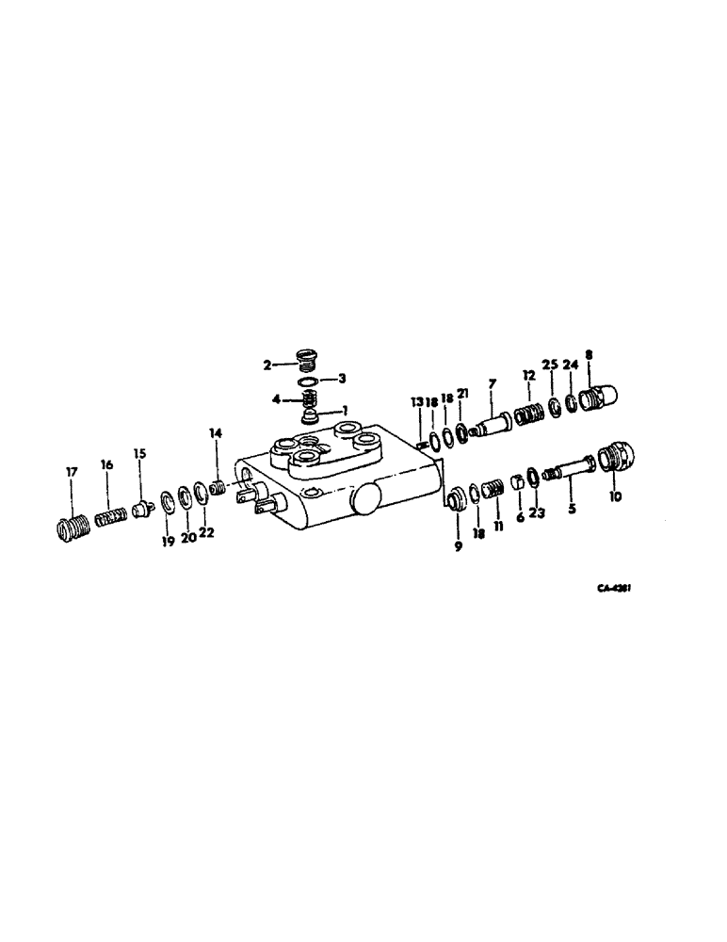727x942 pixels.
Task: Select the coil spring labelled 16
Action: coord(110,517)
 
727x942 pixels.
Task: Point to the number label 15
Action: coord(139,453)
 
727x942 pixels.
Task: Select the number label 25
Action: coord(549,365)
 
